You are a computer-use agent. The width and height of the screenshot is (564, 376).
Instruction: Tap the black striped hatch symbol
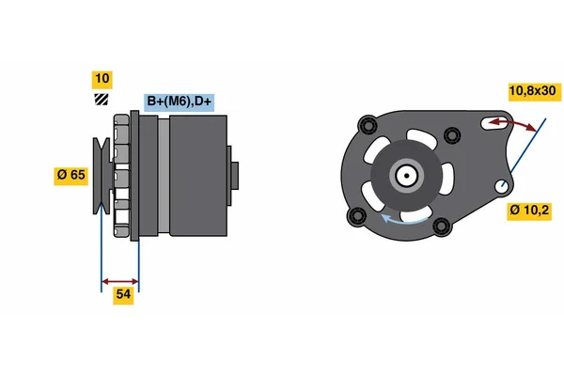click(102, 100)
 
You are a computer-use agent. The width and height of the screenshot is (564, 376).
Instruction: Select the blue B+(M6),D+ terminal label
click(180, 102)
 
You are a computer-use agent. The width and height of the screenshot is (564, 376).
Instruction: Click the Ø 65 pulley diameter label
click(70, 176)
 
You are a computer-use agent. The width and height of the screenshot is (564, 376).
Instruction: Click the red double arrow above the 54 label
click(120, 281)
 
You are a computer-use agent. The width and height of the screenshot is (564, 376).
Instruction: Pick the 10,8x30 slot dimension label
click(535, 92)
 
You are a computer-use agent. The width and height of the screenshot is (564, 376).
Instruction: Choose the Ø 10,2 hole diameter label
click(529, 211)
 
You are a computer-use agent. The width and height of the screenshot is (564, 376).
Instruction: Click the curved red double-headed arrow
click(512, 123)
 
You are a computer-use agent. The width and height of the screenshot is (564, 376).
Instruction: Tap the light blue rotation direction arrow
click(403, 219)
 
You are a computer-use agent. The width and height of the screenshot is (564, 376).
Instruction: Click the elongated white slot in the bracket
click(494, 123)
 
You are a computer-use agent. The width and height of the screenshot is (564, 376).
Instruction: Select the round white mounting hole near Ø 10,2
click(502, 186)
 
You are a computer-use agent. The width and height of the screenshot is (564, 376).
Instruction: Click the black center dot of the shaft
click(406, 176)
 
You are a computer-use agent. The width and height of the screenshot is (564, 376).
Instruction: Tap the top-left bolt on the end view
click(368, 125)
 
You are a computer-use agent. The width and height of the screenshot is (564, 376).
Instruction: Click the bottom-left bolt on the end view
click(356, 216)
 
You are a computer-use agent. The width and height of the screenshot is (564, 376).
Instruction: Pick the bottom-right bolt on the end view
click(442, 226)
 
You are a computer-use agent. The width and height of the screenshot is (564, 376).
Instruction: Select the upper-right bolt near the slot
click(452, 135)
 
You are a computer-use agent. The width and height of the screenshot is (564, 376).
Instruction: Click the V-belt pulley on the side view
click(102, 176)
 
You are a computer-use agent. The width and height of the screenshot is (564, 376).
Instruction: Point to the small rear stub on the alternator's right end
click(234, 176)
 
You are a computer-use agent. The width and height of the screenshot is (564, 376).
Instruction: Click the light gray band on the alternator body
click(164, 176)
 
